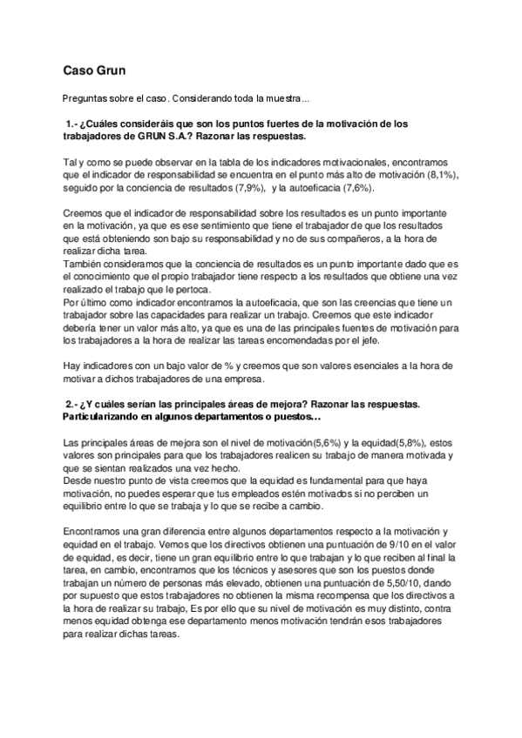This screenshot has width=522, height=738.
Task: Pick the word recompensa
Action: pos(303,594)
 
